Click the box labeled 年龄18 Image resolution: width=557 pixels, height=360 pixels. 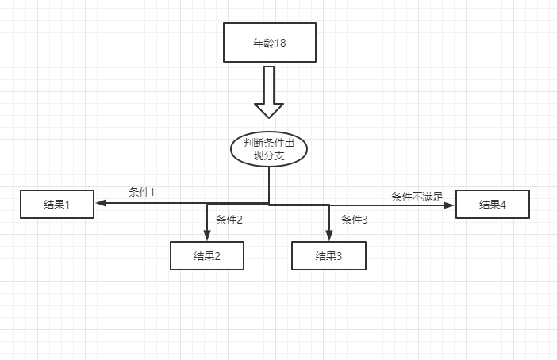270,42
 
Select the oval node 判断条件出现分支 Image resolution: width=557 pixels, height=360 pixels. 269,148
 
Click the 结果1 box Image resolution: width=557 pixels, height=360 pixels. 57,205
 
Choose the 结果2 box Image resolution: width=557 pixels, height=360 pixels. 206,255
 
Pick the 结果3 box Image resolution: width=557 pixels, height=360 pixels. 328,255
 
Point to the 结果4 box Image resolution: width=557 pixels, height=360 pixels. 492,205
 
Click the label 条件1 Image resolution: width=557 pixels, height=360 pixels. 141,193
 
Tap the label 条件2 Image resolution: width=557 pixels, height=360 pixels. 229,220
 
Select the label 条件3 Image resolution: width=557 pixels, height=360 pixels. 355,220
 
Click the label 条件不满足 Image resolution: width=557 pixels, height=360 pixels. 417,196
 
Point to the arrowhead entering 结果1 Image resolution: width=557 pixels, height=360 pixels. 100,203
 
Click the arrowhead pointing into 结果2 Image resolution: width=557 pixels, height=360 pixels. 207,236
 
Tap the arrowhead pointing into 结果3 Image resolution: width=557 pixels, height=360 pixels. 328,236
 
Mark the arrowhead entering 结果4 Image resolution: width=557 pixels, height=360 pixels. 449,205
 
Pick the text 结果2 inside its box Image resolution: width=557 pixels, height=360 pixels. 206,255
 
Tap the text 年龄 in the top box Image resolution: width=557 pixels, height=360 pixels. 263,43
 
